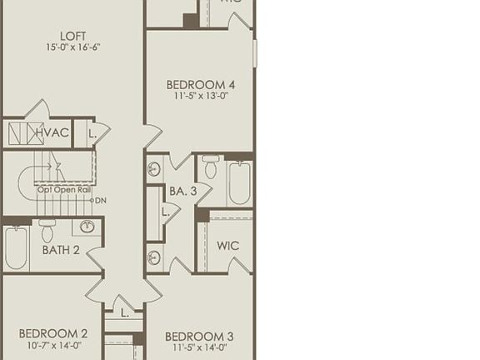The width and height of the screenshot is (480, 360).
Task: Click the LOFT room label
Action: [x=72, y=36]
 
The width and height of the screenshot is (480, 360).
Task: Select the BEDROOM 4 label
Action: [x=200, y=84]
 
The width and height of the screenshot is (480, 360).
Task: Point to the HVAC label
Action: [x=52, y=132]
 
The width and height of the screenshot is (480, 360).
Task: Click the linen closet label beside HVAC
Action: [x=92, y=133]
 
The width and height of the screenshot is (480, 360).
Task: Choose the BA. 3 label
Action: [x=182, y=191]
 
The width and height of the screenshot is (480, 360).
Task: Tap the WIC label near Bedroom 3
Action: [x=227, y=246]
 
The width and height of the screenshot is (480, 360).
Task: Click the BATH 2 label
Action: [x=61, y=249]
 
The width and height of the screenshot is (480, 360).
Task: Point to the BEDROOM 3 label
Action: [x=200, y=337]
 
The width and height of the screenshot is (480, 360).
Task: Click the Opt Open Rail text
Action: [x=63, y=190]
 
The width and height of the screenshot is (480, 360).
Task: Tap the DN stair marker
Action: [x=100, y=200]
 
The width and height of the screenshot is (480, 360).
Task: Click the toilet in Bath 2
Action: [x=47, y=229]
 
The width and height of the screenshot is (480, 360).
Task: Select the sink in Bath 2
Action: [x=87, y=227]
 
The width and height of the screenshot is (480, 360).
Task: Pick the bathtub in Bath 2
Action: [x=16, y=247]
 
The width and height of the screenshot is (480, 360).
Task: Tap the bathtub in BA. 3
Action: [x=239, y=182]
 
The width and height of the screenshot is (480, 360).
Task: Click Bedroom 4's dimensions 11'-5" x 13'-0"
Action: [x=200, y=97]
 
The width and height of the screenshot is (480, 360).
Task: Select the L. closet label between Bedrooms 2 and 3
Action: [x=124, y=313]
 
